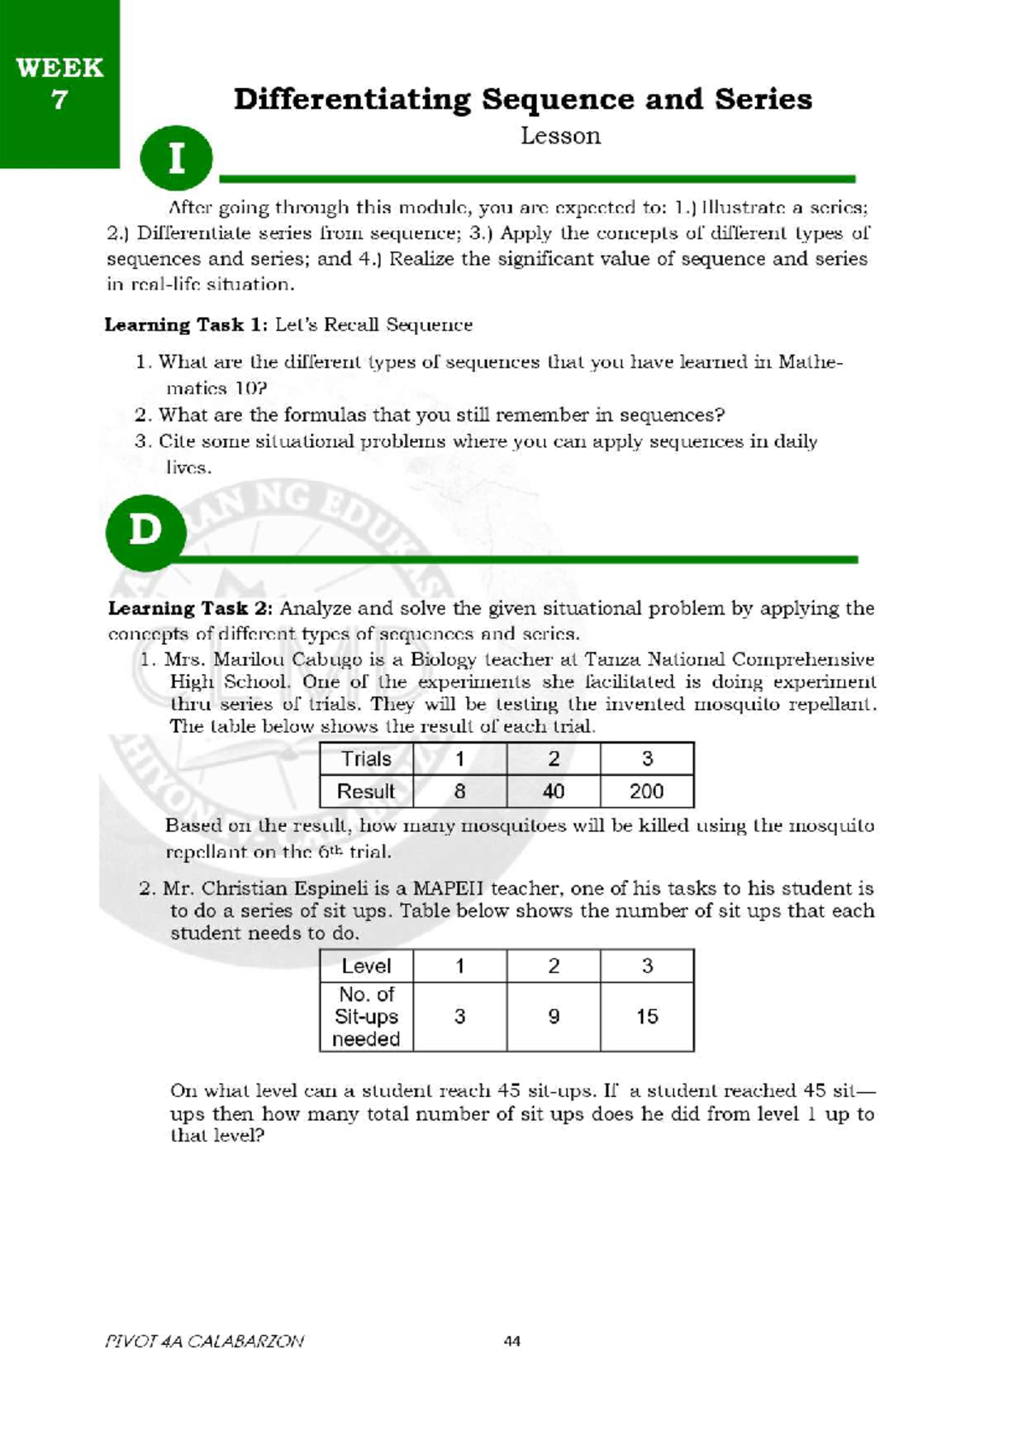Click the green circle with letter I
pos(176,158)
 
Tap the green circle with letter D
pos(145,531)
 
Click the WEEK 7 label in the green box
pos(59,83)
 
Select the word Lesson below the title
pos(560,136)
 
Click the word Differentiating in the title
pos(351,99)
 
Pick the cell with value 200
pos(647,791)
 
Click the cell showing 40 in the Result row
pos(553,791)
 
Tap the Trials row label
pos(366,759)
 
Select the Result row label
pos(366,791)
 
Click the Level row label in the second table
pos(366,965)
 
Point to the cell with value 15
pos(647,1016)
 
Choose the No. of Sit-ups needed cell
pos(366,1016)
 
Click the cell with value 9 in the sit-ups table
pos(553,1016)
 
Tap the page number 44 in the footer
pos(512,1340)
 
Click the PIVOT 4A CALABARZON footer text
pos(203,1340)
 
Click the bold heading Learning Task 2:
pos(190,608)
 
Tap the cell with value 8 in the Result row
pos(460,791)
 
